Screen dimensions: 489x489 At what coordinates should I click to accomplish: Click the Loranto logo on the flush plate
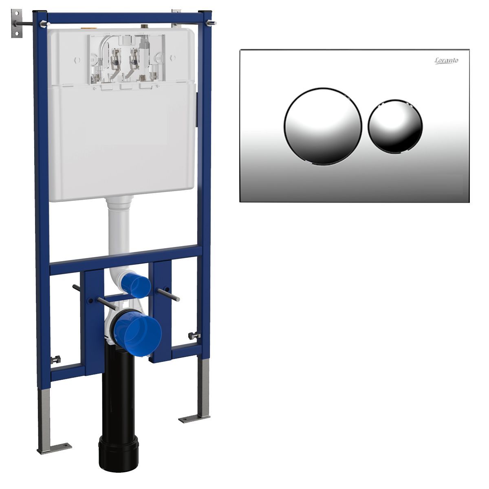pyautogui.click(x=447, y=61)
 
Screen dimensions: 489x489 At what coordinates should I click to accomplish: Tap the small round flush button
pyautogui.click(x=395, y=127)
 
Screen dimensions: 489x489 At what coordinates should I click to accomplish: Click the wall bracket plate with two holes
pyautogui.click(x=17, y=23)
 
